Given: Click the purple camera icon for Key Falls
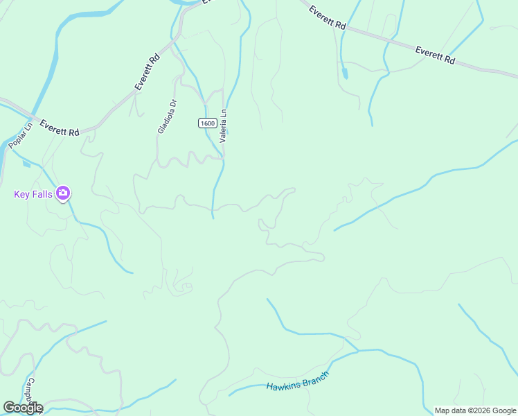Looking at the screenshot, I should coord(63,193).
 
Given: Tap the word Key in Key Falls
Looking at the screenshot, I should coord(21,194).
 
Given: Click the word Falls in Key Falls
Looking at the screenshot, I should coord(42,194).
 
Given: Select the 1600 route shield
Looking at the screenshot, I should coord(207,123).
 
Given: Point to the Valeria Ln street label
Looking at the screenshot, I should coord(223,125).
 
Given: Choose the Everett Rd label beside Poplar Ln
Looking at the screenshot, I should coord(59,128).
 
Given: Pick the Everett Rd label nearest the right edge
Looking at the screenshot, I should coord(435,55).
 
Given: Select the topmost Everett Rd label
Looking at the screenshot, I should coord(327,18).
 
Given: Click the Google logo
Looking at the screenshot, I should coord(22,408).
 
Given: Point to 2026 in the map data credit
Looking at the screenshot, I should coord(472,410).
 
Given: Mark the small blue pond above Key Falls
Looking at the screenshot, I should coord(26,164).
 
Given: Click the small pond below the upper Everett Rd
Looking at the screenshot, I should coord(344,73).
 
